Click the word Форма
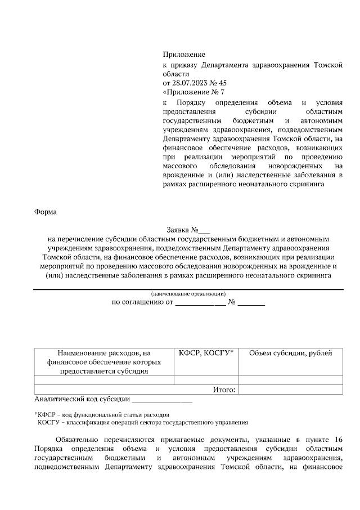pyautogui.click(x=45, y=212)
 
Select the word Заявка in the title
pyautogui.click(x=178, y=230)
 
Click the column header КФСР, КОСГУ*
pyautogui.click(x=206, y=353)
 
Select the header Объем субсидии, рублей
pyautogui.click(x=290, y=353)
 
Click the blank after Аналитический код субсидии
pyautogui.click(x=161, y=400)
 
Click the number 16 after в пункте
pyautogui.click(x=337, y=439)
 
